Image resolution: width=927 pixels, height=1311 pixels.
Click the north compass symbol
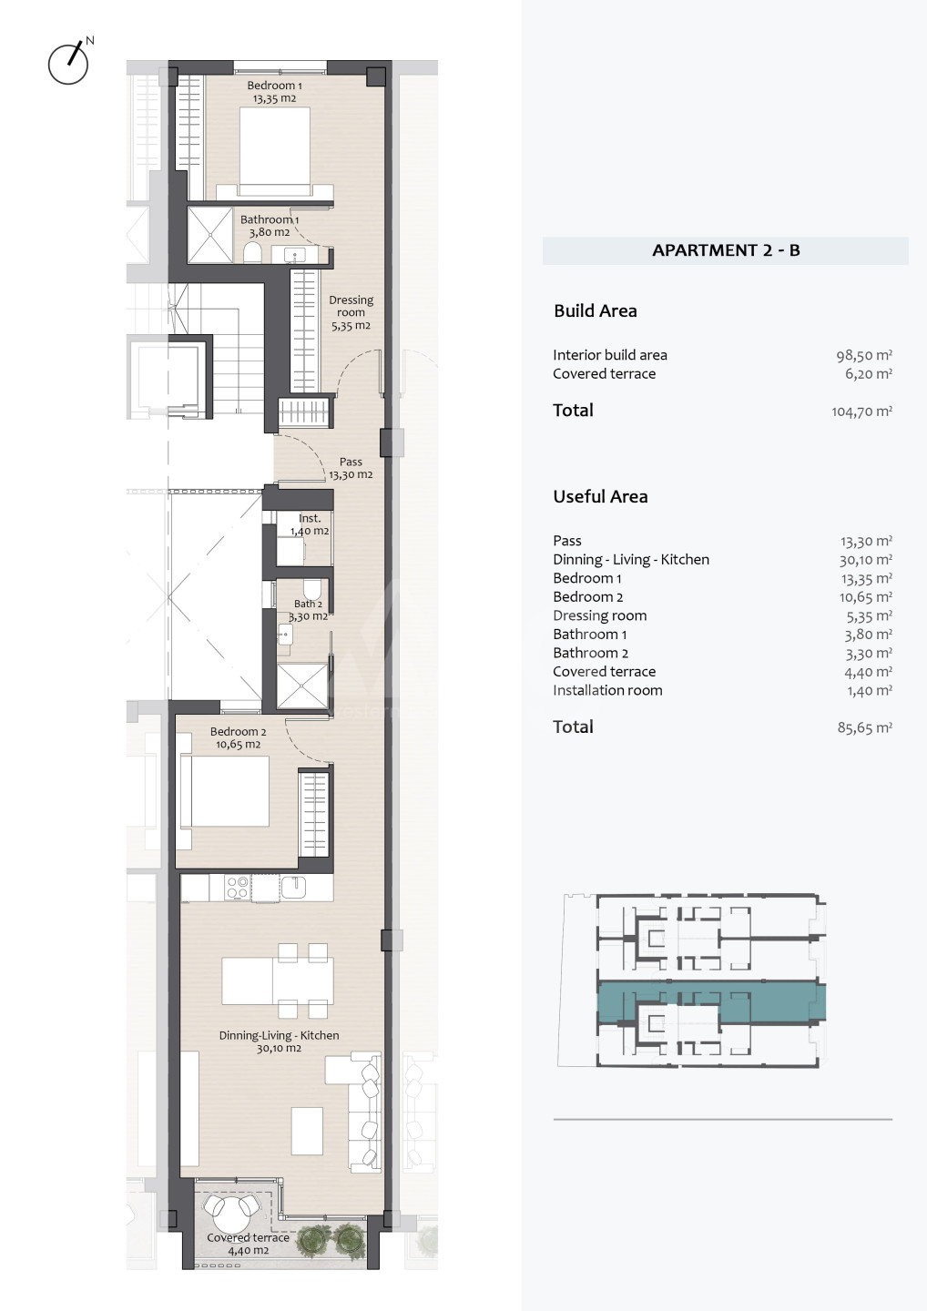click(x=68, y=62)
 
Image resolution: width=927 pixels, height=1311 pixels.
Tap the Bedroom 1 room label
click(x=274, y=92)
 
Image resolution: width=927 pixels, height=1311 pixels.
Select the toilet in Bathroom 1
click(x=252, y=253)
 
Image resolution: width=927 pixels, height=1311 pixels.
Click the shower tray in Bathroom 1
click(x=210, y=235)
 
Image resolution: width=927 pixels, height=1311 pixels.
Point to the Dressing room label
click(x=351, y=312)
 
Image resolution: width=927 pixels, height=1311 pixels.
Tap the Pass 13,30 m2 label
click(x=351, y=468)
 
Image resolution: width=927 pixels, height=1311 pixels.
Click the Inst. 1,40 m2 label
click(x=310, y=524)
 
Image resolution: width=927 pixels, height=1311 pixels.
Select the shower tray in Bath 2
click(x=302, y=686)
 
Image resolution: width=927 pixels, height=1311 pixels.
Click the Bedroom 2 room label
click(x=239, y=738)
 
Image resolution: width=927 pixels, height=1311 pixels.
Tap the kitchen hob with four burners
click(x=238, y=888)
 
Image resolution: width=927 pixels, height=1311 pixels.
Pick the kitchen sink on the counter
click(x=293, y=887)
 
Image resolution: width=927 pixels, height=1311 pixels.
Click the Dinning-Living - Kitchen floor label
click(x=280, y=1042)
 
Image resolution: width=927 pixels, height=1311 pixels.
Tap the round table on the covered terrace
click(x=230, y=1214)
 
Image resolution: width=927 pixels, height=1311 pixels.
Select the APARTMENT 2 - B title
click(x=726, y=250)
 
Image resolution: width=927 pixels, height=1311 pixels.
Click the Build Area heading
click(x=596, y=310)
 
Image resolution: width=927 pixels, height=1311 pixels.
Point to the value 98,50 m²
click(x=864, y=355)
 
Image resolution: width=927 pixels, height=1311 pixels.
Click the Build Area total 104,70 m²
click(x=861, y=412)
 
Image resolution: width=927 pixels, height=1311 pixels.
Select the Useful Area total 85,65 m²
click(x=864, y=727)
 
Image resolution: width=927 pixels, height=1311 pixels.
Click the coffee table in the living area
click(x=307, y=1131)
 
